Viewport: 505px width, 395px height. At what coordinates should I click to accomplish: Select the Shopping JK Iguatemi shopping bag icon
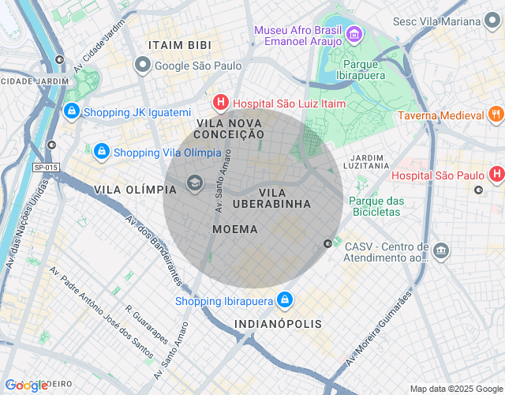pos(71,112)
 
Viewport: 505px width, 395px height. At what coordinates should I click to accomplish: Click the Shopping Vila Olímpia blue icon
pos(101,152)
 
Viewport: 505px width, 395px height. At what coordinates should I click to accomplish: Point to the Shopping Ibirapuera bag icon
pos(285,300)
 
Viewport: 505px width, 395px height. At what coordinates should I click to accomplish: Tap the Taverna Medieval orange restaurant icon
pos(496,115)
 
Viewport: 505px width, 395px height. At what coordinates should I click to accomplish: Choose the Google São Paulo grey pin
pos(142,66)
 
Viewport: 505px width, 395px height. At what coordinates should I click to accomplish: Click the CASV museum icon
pos(441,252)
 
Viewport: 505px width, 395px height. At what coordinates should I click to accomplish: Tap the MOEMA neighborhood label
pos(235,229)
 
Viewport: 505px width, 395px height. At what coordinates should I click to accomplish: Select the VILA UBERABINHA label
pos(284,198)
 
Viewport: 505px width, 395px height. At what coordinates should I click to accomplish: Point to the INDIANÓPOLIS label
pos(278,324)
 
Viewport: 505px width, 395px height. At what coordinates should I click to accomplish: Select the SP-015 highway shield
pos(46,167)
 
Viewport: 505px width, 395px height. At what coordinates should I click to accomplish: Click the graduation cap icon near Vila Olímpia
pos(193,185)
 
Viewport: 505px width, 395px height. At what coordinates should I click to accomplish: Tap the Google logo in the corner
pos(25,386)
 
